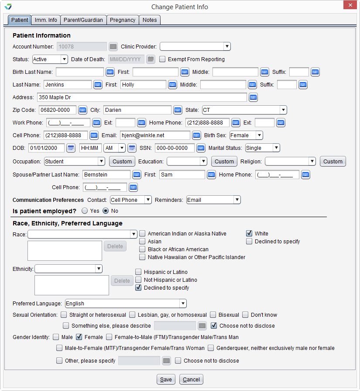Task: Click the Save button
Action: [166, 379]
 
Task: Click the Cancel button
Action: [191, 379]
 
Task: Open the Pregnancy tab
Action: [123, 20]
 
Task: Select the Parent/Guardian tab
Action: [83, 20]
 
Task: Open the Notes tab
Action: [150, 20]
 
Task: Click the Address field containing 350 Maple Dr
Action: [141, 97]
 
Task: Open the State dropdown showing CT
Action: [244, 110]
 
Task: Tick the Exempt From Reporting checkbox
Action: [163, 59]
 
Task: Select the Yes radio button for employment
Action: [85, 211]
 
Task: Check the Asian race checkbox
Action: [142, 241]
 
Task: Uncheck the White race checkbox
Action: [249, 233]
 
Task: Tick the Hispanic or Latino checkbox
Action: [138, 272]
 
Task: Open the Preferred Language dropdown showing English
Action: [126, 303]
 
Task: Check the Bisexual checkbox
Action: [213, 315]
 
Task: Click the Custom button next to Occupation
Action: [122, 161]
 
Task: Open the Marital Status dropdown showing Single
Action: [262, 148]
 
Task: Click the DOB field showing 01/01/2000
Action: [47, 148]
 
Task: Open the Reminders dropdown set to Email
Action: [213, 200]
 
